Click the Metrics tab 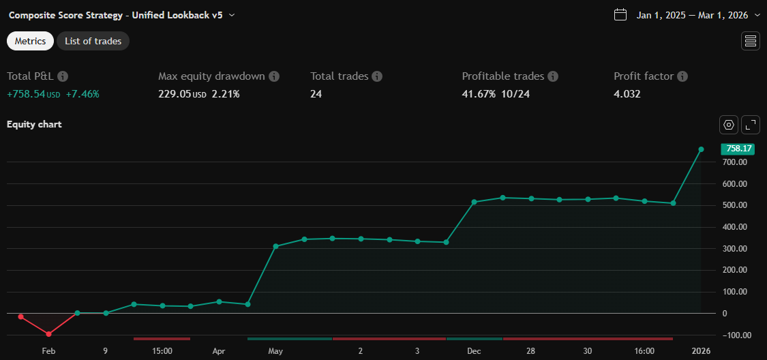(x=30, y=41)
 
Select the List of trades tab (x=93, y=41)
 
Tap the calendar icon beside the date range (x=620, y=14)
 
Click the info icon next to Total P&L (x=63, y=76)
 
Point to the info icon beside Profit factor (x=682, y=76)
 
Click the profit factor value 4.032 (x=627, y=94)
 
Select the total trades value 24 (x=316, y=94)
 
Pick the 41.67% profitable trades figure (x=479, y=94)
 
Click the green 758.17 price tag (x=738, y=149)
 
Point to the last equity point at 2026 (x=701, y=149)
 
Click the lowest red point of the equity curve (x=48, y=334)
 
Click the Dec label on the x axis (x=474, y=351)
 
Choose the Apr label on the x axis (x=219, y=351)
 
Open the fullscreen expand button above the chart (x=751, y=125)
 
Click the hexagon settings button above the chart (x=729, y=125)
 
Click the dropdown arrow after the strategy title (x=232, y=14)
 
